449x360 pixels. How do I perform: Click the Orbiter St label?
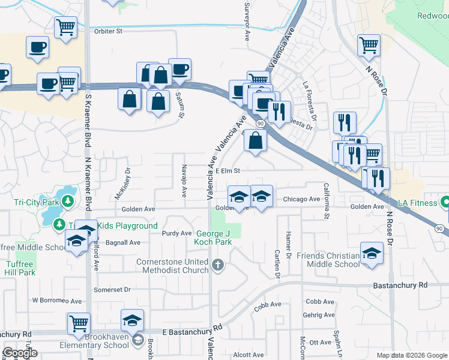(108, 31)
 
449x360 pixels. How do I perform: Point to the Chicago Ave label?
(301, 199)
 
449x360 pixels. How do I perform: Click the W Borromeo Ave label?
(56, 301)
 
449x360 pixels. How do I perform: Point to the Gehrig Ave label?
(319, 314)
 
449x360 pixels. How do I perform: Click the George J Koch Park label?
(212, 238)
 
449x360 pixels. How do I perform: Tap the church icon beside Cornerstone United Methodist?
(218, 265)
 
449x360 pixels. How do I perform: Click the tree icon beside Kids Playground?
(59, 225)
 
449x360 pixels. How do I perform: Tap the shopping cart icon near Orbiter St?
(65, 26)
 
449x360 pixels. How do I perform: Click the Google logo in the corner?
(20, 353)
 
